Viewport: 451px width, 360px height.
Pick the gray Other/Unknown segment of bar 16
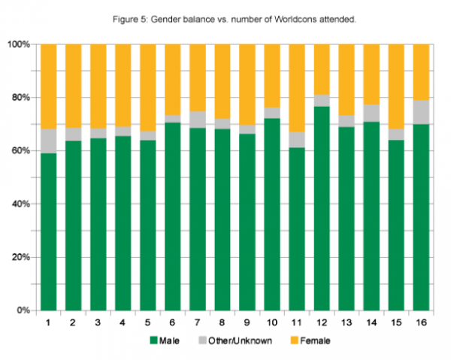tap(421, 113)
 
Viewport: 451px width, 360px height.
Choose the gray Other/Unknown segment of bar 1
tap(49, 141)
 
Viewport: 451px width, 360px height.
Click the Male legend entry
tap(168, 340)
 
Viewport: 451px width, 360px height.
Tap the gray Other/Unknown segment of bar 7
tap(198, 119)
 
